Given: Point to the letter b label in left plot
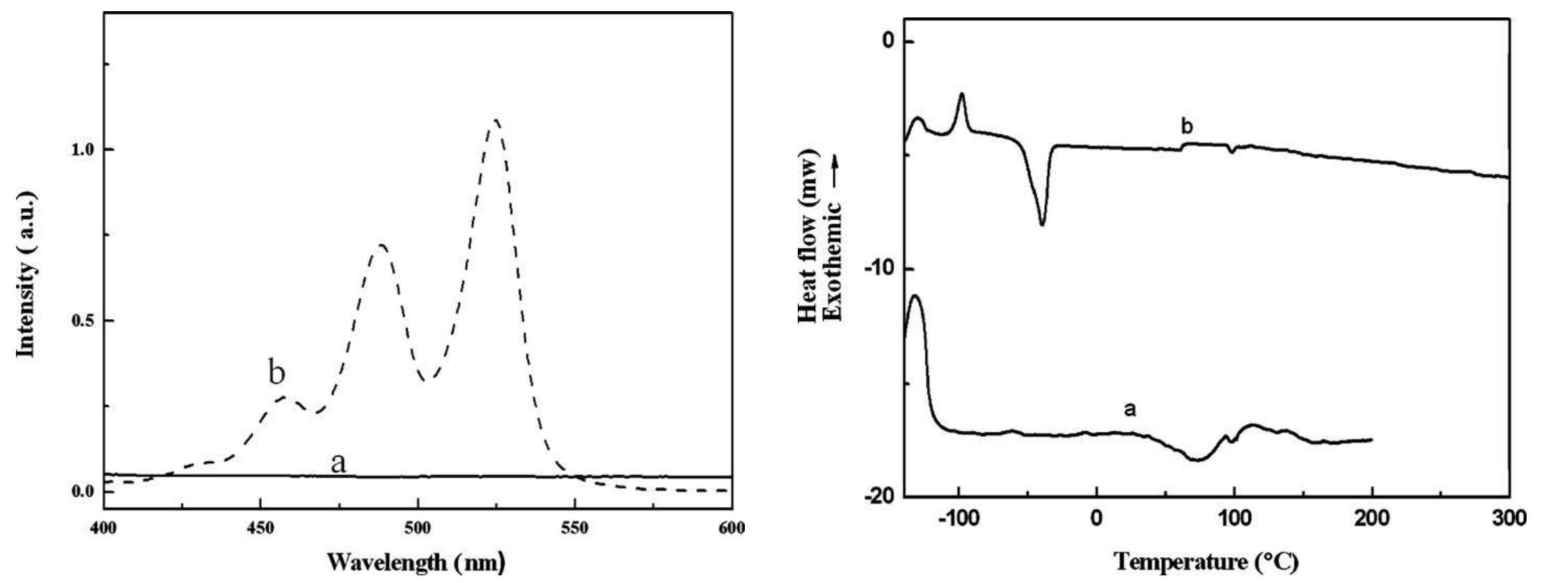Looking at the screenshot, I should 277,374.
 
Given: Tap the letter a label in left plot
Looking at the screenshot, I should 338,462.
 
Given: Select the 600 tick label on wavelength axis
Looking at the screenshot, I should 731,528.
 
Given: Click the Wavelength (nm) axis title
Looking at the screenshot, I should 416,561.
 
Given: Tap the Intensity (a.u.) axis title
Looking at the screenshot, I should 28,277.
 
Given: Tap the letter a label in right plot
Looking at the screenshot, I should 1130,410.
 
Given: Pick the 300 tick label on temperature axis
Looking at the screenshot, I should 1508,519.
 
